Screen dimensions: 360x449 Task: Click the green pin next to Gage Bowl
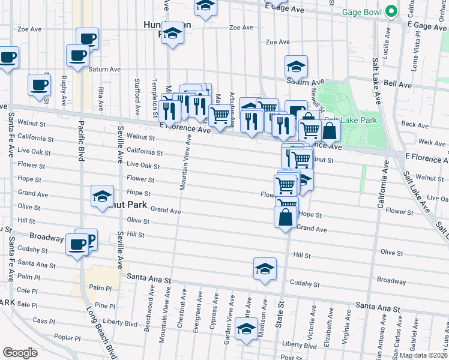tap(391, 11)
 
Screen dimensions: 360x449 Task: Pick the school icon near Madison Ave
tap(246, 331)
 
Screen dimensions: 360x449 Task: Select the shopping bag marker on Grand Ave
tap(286, 217)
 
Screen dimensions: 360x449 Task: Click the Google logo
tap(20, 352)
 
